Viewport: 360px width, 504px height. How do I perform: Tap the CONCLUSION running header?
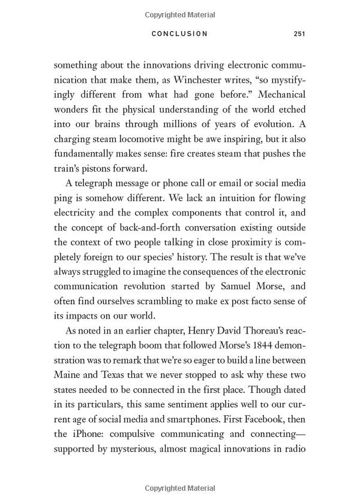click(179, 34)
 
